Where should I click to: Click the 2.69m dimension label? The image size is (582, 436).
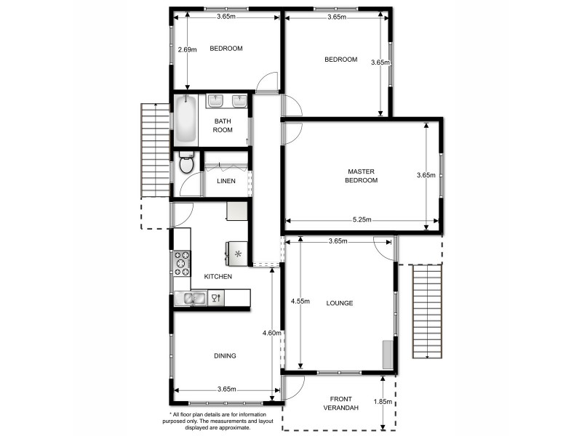(187, 50)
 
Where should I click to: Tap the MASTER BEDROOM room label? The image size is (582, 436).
(361, 176)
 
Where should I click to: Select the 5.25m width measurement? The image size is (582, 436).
(361, 220)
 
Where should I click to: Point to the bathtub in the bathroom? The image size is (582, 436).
(186, 119)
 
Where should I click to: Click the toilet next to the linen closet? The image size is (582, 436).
(186, 163)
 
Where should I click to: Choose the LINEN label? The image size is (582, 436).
(226, 181)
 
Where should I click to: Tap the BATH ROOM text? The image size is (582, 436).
(223, 126)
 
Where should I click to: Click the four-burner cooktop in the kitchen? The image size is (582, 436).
(181, 264)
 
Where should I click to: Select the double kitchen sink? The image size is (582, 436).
(191, 298)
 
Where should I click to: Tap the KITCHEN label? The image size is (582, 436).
(218, 277)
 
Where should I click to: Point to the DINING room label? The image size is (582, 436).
(225, 355)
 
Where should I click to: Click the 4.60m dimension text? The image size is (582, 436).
(272, 333)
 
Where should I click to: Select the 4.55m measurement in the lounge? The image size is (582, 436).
(300, 301)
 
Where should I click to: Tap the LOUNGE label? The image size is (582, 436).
(340, 303)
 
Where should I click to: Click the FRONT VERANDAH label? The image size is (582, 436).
(341, 404)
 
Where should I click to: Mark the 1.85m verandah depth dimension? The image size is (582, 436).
(383, 402)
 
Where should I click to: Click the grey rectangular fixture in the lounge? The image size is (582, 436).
(387, 354)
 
